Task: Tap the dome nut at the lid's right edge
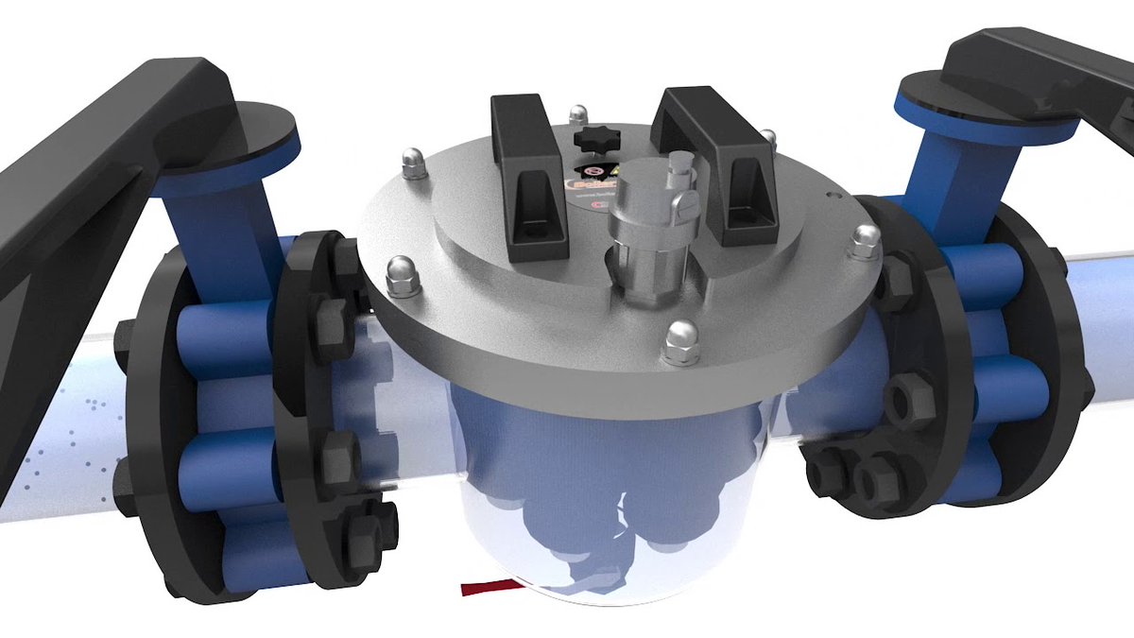click(863, 243)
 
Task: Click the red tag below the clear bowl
click(487, 588)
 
